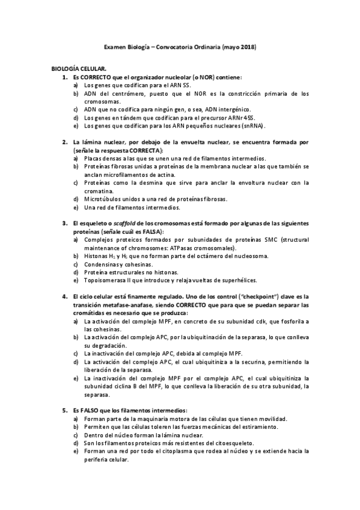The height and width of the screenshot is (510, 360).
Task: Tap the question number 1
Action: (x=65, y=78)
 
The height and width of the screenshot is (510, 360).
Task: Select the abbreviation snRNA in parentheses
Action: (x=248, y=126)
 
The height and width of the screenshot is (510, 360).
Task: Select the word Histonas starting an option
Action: (x=97, y=256)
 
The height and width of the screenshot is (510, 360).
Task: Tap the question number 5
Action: (x=65, y=410)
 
